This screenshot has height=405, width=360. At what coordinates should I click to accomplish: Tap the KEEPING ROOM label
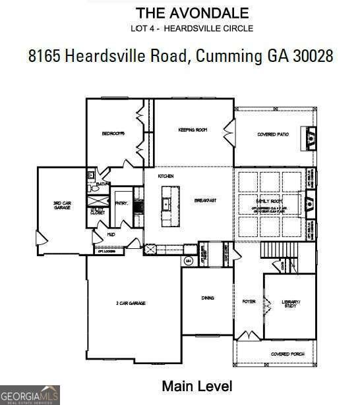tap(193, 130)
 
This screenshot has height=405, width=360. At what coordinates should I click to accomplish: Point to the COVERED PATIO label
tap(273, 134)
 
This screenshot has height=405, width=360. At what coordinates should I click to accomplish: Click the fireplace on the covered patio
tap(311, 138)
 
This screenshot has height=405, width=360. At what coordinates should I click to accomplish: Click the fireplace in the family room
tap(312, 202)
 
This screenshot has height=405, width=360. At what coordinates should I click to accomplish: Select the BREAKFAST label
tap(205, 200)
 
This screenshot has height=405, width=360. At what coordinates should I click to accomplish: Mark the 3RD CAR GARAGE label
tap(63, 205)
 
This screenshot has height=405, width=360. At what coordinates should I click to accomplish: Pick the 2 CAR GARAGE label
tap(131, 303)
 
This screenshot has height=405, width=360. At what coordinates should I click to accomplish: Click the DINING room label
tap(207, 298)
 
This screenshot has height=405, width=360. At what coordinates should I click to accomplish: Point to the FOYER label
tap(249, 302)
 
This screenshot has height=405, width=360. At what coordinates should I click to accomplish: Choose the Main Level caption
tap(197, 385)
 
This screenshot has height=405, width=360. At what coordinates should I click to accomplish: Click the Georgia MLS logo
tap(30, 394)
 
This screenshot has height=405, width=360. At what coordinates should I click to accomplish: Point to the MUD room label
tap(112, 234)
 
